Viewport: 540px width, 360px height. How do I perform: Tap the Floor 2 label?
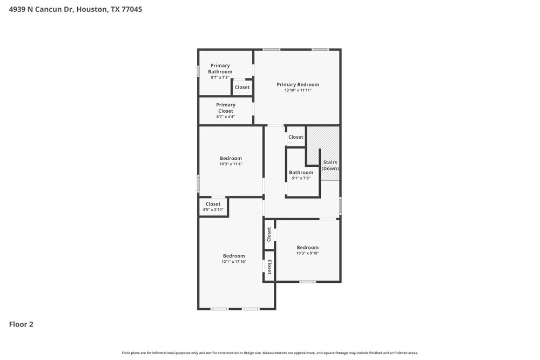tap(21, 324)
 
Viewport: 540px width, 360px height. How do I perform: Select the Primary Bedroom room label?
tap(298, 84)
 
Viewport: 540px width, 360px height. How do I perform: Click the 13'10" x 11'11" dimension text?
tap(298, 90)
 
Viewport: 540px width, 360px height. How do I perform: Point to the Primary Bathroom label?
tap(221, 69)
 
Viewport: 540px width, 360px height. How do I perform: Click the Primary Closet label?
tap(226, 108)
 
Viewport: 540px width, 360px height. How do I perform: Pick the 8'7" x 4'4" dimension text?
tap(226, 117)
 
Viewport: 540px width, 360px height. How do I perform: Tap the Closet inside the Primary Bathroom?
tap(242, 87)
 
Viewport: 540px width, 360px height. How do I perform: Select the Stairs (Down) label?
tap(330, 165)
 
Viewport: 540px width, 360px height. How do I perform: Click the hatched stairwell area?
tap(323, 141)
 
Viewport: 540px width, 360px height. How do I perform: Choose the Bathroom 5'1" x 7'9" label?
tap(301, 175)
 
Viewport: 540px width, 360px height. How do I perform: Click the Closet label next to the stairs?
tap(295, 137)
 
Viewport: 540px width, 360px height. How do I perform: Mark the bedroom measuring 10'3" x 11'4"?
tap(231, 161)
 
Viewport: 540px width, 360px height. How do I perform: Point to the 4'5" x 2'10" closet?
tap(213, 207)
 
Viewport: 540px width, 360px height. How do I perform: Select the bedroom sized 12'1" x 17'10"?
tap(234, 259)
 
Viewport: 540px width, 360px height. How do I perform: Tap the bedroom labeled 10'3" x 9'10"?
tap(307, 250)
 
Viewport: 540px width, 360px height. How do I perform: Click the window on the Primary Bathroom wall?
tap(198, 71)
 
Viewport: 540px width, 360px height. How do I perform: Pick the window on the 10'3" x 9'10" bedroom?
tap(307, 281)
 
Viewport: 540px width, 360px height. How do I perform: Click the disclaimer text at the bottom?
tap(270, 352)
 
